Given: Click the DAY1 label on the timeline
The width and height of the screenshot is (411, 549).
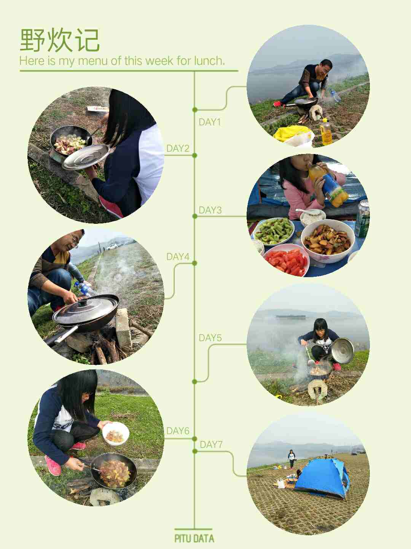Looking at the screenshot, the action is point(210,122).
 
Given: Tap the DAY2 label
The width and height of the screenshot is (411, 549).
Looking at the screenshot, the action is point(178,148).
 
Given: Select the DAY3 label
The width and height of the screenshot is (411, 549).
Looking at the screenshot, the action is point(210,210).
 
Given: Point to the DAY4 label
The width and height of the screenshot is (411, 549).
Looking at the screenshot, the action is point(178,257).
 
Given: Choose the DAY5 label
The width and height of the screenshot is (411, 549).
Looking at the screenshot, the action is point(210,338).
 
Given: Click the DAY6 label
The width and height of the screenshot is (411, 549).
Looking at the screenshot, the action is point(178,431).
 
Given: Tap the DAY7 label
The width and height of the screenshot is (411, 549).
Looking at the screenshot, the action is point(211,445).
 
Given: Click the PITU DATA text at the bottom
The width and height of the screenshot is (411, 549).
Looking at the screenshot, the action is point(194,538).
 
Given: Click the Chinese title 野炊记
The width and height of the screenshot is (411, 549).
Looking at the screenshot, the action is point(60,40).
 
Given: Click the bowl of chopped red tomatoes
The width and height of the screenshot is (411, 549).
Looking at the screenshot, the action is point(287,260).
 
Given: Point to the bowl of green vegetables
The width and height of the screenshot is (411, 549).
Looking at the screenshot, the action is point(274,231).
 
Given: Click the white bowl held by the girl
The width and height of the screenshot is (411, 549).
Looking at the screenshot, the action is point(116,434).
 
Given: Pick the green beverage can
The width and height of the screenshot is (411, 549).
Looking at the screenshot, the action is point(363,219).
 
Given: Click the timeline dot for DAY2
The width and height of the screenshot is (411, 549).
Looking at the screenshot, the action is point(195,155).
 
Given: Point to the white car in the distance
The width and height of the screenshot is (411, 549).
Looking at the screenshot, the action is point(112,247).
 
